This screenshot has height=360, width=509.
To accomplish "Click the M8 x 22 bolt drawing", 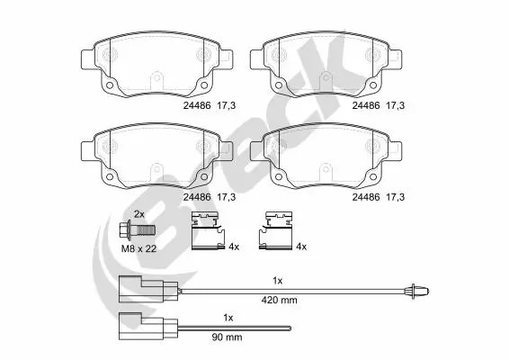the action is point(137,230).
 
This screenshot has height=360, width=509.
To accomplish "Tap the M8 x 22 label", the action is point(138,249).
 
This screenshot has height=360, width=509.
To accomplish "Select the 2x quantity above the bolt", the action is point(139,214).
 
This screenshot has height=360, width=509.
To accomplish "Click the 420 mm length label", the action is point(279,300).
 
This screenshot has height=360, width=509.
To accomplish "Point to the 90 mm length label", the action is point(227,337).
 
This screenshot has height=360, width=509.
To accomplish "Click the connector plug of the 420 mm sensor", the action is point(148,289).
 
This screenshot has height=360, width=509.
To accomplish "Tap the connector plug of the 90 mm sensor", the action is point(148,326).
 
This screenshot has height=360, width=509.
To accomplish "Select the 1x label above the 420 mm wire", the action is point(277,281).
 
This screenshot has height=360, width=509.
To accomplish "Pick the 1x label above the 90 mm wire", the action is point(228,318).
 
